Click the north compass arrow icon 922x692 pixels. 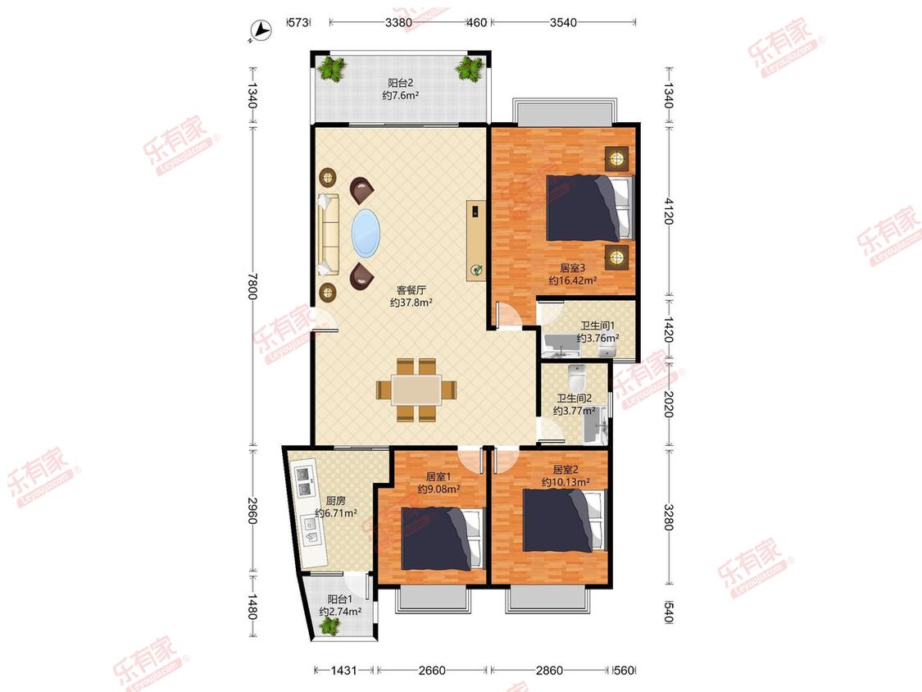[259, 30]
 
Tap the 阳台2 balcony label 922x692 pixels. [400, 83]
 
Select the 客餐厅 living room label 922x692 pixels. [411, 290]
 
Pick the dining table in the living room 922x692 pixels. [417, 389]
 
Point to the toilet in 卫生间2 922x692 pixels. [578, 376]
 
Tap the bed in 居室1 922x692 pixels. [441, 539]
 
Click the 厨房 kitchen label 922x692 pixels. [336, 501]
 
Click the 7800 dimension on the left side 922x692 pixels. [252, 285]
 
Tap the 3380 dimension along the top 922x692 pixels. [398, 22]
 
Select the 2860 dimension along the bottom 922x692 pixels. [548, 670]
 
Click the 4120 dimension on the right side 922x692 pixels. [669, 211]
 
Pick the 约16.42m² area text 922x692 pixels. [573, 280]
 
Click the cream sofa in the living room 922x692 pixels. [329, 234]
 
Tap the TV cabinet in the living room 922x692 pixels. [476, 241]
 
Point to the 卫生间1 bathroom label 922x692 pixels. [597, 326]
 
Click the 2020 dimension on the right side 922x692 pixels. [669, 403]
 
